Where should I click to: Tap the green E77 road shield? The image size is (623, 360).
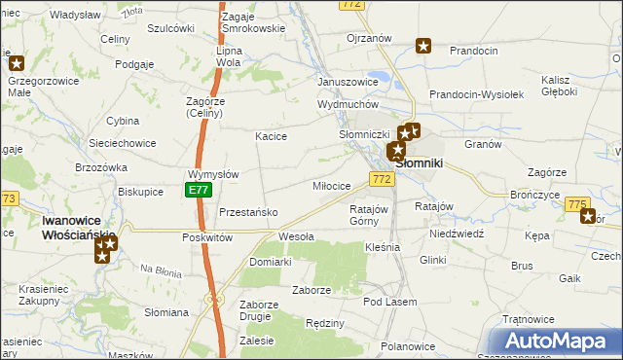pos(199,190)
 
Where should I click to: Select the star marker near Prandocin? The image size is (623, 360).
pos(423,45)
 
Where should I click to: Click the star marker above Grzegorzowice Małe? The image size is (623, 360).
pos(17,62)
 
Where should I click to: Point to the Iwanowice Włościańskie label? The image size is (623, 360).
pos(79,229)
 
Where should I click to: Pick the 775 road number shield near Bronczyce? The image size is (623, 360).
pos(577,203)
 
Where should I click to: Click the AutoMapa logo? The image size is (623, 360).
pos(559,342)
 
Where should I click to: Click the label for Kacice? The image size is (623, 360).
pos(271,136)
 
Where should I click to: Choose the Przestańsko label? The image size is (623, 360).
pos(249,212)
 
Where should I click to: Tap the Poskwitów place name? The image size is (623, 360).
pos(206,237)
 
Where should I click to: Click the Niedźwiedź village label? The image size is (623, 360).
pos(457,234)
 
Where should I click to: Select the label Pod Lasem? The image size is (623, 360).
pos(389,302)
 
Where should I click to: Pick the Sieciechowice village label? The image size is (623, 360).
pos(122,143)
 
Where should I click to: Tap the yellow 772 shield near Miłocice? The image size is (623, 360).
pos(382,179)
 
